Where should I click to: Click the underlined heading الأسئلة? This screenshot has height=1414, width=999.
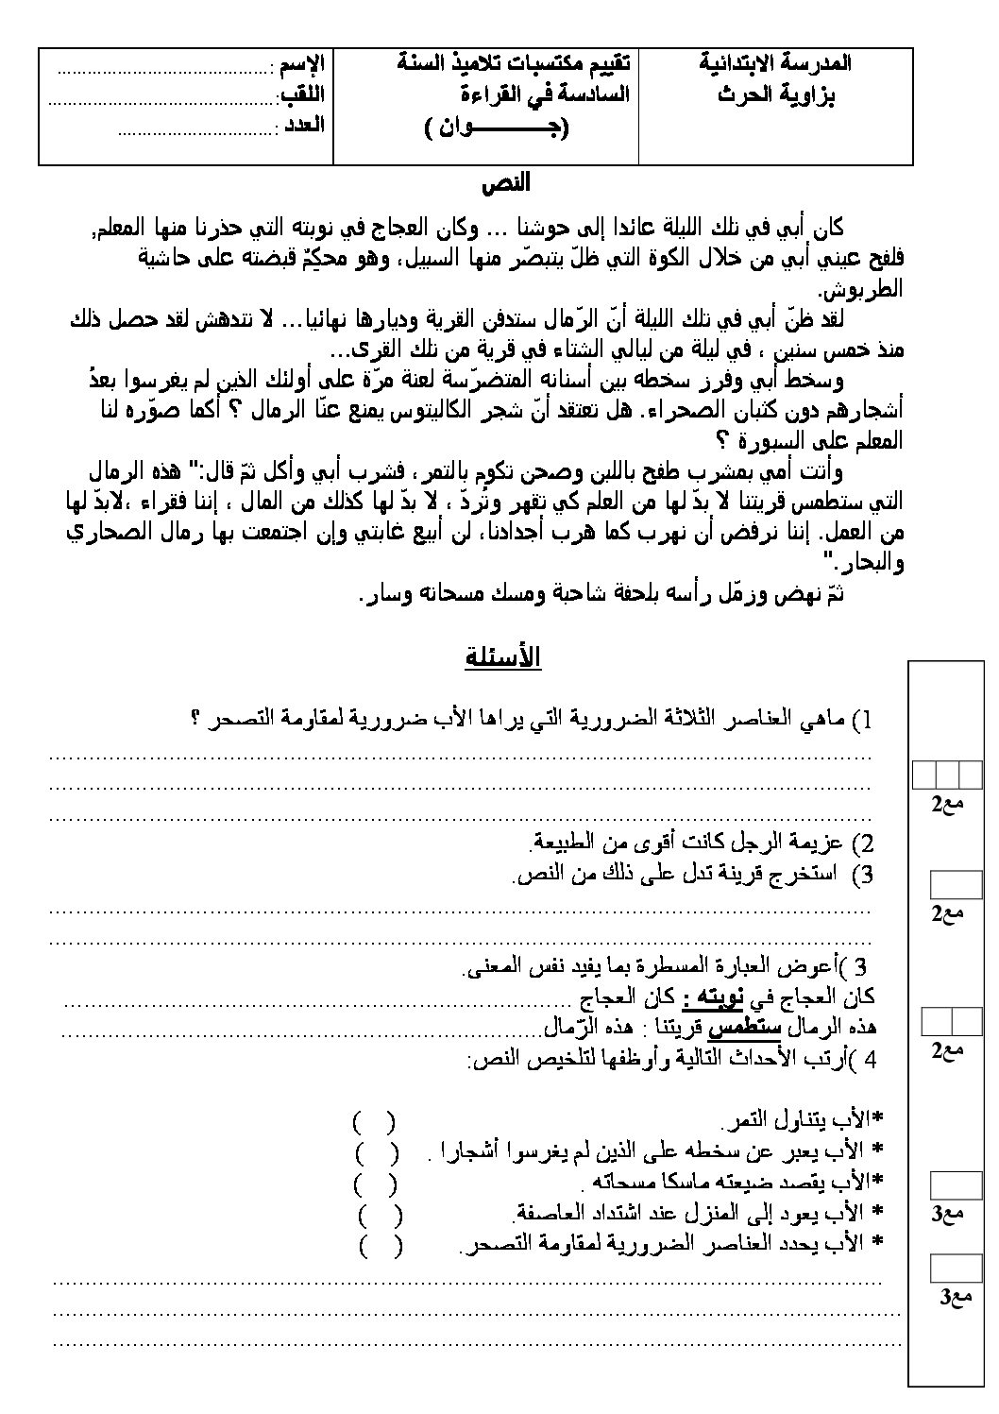(502, 657)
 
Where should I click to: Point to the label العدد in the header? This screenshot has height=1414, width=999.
(305, 125)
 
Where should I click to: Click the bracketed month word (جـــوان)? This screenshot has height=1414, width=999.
(497, 128)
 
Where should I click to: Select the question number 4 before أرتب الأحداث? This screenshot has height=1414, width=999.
(870, 1060)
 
